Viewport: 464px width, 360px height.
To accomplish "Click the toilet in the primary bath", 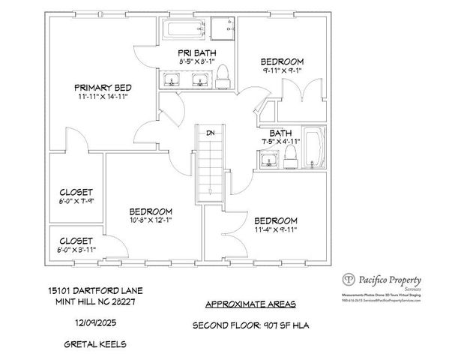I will click(x=223, y=75).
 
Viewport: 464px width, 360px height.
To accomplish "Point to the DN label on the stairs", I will click(x=211, y=133).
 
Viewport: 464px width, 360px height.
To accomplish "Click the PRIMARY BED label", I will click(x=103, y=87).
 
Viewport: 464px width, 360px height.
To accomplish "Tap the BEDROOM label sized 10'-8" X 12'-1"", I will click(x=151, y=211).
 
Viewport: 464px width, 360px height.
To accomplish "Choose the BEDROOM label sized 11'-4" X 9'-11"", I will click(x=275, y=220).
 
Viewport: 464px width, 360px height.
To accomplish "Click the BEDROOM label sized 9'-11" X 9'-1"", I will click(x=282, y=61).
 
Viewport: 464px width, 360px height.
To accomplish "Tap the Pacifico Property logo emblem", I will click(x=348, y=280).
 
